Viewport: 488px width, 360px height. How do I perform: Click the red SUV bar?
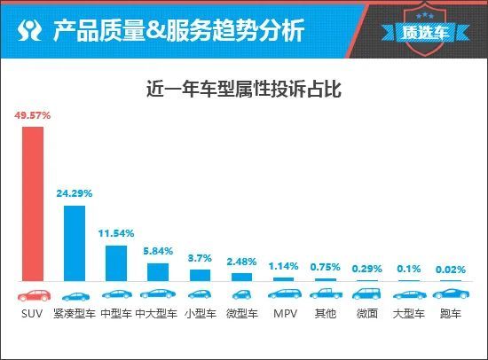click(33, 203)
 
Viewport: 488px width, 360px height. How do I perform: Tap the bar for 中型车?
click(116, 262)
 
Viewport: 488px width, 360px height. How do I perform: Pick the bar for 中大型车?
click(158, 271)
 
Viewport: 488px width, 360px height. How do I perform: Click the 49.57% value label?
click(33, 115)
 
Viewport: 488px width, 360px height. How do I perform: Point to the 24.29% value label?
click(75, 192)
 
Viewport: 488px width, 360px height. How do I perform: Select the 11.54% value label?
click(116, 233)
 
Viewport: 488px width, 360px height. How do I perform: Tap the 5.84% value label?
click(158, 252)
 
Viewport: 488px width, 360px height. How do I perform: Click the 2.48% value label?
click(241, 262)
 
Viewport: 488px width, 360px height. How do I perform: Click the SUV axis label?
click(33, 313)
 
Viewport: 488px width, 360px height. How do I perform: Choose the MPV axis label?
click(283, 313)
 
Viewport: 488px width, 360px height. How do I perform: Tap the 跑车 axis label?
click(450, 313)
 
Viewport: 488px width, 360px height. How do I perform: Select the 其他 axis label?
click(325, 313)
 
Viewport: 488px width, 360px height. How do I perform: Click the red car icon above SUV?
click(33, 294)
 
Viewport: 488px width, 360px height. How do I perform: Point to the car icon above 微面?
click(366, 293)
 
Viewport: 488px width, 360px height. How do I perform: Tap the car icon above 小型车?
click(200, 294)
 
